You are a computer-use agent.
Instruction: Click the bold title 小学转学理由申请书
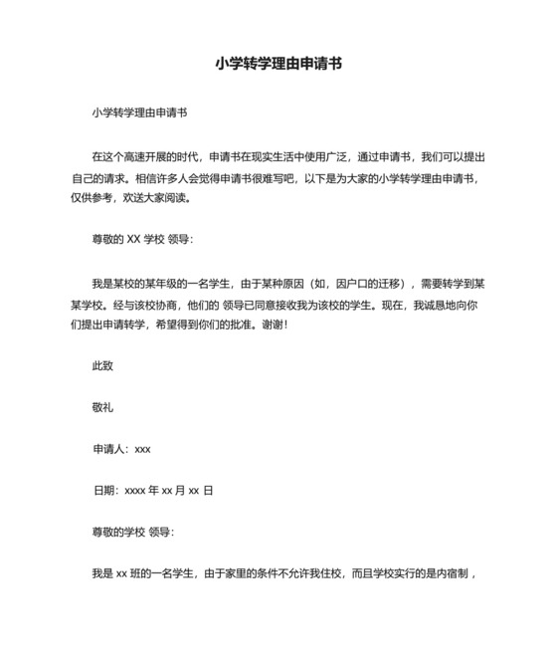point(278,64)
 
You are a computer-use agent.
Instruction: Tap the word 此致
point(102,365)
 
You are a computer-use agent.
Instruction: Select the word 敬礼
point(102,407)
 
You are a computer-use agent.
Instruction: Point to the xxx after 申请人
point(142,449)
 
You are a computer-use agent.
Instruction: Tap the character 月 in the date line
point(179,491)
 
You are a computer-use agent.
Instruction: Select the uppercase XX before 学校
point(136,239)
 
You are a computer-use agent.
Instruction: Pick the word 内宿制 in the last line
point(457,574)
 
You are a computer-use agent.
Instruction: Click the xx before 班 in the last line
point(123,574)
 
